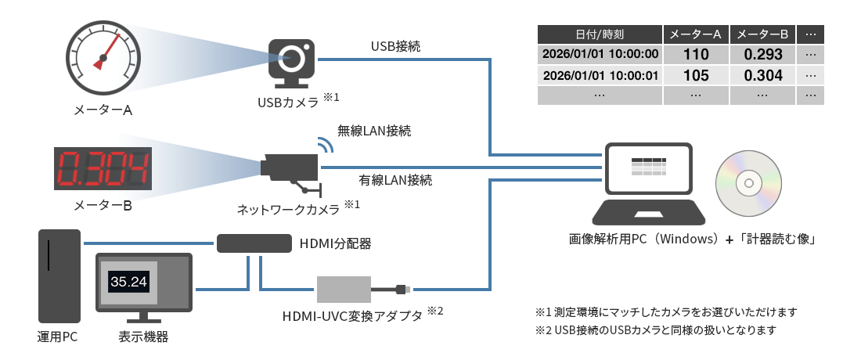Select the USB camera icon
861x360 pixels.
click(293, 62)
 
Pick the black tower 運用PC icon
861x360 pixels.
click(59, 275)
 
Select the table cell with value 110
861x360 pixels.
click(695, 55)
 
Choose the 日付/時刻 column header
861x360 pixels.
click(600, 34)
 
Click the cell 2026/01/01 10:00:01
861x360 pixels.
click(600, 75)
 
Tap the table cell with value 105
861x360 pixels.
click(695, 75)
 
